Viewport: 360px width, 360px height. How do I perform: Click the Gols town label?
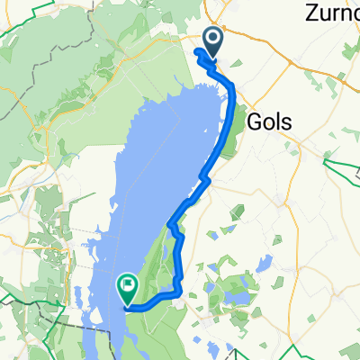pyautogui.click(x=273, y=121)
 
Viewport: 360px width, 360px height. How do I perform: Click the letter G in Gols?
pyautogui.click(x=253, y=121)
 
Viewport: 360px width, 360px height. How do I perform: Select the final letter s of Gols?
pyautogui.click(x=292, y=121)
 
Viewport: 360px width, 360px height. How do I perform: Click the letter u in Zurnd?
pyautogui.click(x=325, y=15)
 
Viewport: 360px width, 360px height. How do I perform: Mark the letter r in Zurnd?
pyautogui.click(x=337, y=15)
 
